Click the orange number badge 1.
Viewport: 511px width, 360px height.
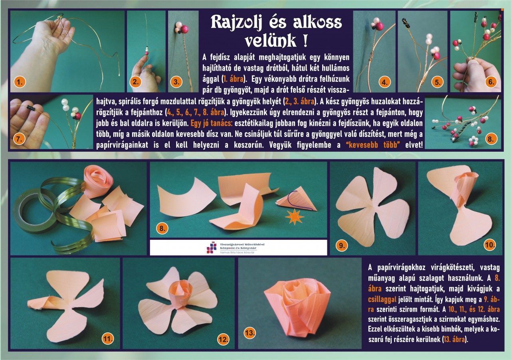click(x=20, y=82)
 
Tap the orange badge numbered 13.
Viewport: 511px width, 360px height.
click(x=250, y=333)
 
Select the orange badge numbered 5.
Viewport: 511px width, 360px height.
click(x=438, y=82)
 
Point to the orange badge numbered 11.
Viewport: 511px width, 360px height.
click(x=108, y=339)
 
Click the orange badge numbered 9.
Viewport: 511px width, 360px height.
click(x=342, y=245)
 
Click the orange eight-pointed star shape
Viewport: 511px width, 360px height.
click(x=295, y=217)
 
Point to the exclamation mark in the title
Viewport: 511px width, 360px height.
click(x=305, y=40)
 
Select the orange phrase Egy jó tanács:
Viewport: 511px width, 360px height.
click(x=211, y=123)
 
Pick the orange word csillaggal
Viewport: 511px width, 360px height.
click(x=382, y=300)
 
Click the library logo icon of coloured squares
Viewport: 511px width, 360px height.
click(x=212, y=247)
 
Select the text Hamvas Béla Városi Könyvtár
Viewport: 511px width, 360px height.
click(x=237, y=253)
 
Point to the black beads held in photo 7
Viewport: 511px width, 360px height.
click(x=30, y=107)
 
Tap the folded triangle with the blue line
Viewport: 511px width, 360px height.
click(x=296, y=199)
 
